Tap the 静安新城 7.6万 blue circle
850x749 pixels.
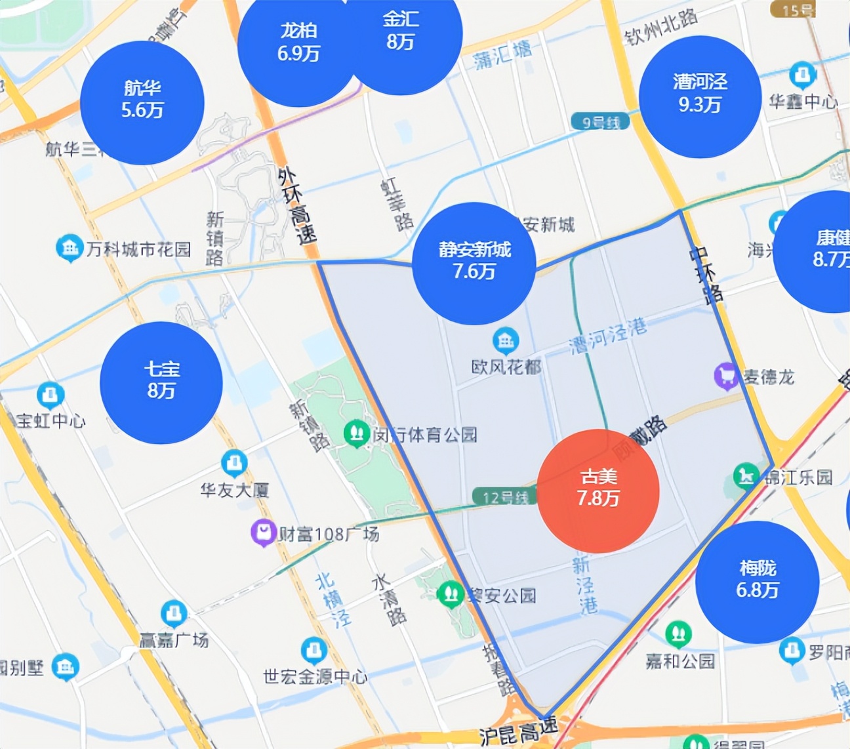click(x=474, y=263)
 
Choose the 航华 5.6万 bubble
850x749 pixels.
click(x=142, y=102)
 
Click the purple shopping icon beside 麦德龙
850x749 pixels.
click(x=727, y=376)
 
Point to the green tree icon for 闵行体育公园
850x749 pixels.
click(x=357, y=434)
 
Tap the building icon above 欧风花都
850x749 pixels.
click(x=506, y=341)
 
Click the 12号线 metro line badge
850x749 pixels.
click(x=505, y=497)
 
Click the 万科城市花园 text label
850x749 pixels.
click(x=138, y=249)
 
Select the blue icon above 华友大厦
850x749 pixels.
click(x=233, y=463)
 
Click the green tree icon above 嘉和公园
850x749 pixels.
click(x=678, y=634)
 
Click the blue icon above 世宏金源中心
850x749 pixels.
click(x=314, y=650)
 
